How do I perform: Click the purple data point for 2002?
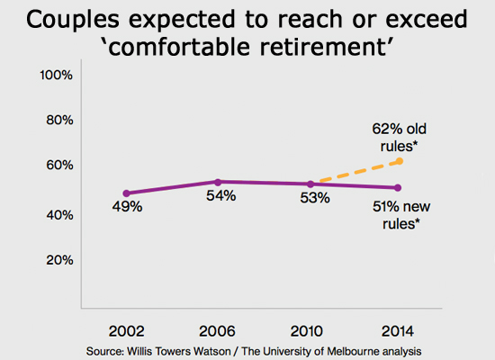pyautogui.click(x=126, y=193)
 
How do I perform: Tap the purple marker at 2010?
pyautogui.click(x=310, y=184)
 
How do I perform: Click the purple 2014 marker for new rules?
pyautogui.click(x=398, y=187)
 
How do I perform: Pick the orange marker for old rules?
pyautogui.click(x=398, y=161)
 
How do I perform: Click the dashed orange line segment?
pyautogui.click(x=355, y=173)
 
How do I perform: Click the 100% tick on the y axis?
pyautogui.click(x=56, y=75)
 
